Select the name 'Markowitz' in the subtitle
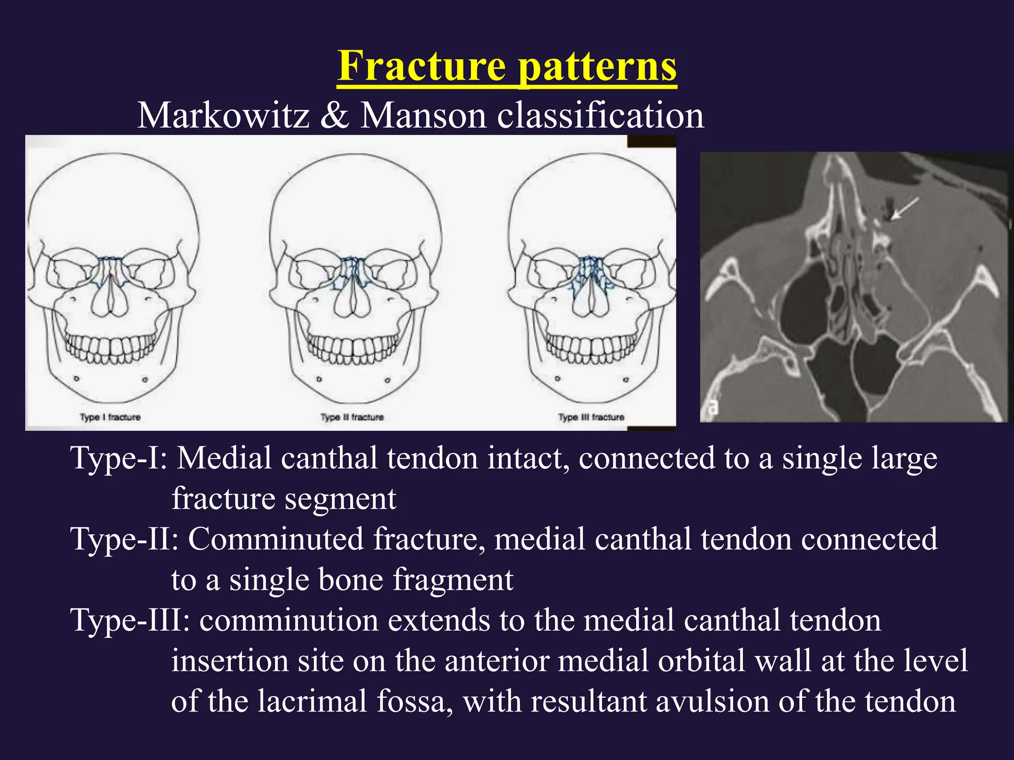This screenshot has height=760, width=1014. [x=223, y=116]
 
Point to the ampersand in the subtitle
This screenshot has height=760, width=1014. [x=335, y=116]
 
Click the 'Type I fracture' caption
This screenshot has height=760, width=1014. [x=110, y=417]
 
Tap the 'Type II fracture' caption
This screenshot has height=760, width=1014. [x=352, y=417]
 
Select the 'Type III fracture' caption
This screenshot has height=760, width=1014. [x=591, y=417]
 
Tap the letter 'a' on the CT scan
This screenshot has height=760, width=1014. [x=712, y=407]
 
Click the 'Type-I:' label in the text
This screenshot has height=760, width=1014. [x=119, y=458]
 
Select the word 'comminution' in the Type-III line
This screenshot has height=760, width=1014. [x=289, y=620]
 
